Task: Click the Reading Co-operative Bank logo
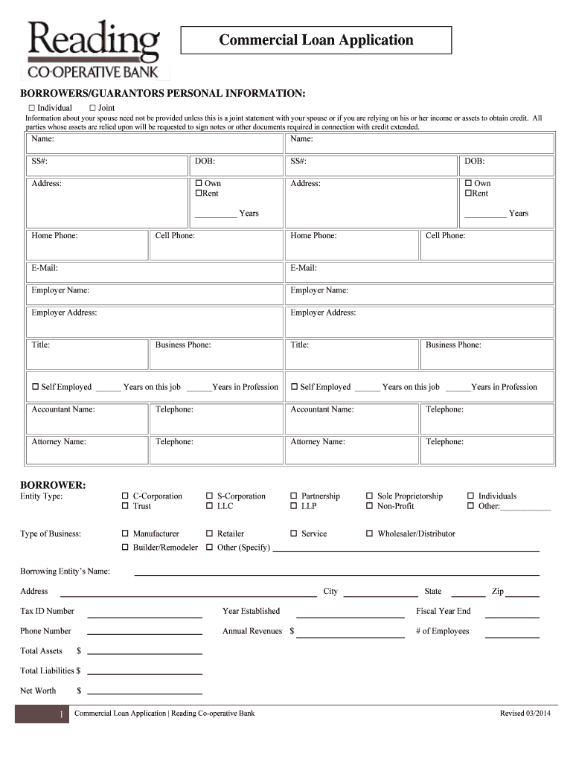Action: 94,50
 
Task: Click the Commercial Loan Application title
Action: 316,40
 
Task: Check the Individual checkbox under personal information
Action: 32,108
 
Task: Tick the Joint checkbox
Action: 93,108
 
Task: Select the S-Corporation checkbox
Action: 209,496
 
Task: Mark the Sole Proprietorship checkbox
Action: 370,496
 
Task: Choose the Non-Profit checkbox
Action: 370,506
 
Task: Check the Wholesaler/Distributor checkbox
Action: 370,534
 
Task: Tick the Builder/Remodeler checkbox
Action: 125,548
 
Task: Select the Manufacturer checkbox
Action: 125,534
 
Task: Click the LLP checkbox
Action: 294,506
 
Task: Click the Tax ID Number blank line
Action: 144,616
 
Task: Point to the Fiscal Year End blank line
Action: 512,616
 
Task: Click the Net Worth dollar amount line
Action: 144,695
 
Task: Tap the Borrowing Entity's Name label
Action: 65,571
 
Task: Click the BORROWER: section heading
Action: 53,485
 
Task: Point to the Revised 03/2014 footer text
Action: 525,714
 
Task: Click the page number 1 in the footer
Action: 60,715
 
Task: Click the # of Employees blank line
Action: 512,636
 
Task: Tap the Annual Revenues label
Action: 252,631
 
